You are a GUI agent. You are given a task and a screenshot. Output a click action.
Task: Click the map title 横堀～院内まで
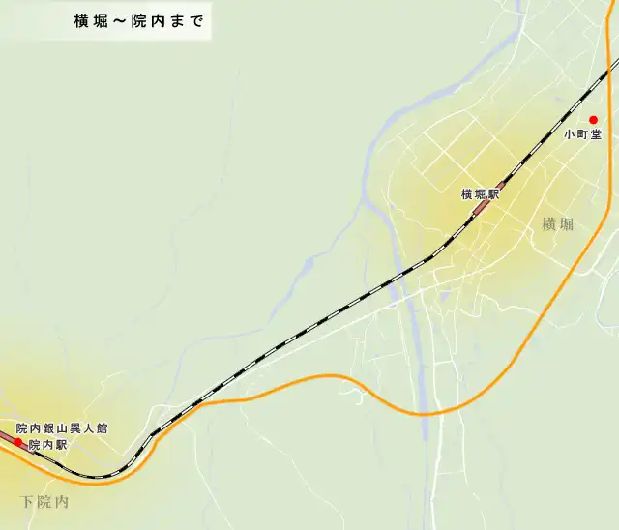139,21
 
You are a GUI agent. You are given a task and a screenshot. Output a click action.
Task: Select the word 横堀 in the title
91,21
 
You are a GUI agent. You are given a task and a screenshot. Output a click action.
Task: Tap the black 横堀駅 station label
480,194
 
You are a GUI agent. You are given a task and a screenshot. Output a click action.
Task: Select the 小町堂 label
583,135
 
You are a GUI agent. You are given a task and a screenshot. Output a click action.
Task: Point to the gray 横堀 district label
558,225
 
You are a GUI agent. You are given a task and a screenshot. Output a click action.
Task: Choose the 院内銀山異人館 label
61,428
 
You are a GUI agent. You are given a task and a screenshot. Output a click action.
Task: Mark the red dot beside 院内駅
18,442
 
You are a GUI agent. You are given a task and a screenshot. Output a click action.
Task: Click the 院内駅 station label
47,446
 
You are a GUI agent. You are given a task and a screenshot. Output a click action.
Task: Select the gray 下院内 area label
44,503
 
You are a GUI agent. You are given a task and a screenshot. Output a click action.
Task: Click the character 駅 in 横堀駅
493,194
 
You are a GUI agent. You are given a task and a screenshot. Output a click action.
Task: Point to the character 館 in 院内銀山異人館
102,428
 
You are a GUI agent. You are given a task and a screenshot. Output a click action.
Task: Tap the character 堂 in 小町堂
596,135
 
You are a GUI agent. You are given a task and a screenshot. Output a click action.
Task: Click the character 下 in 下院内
27,503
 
